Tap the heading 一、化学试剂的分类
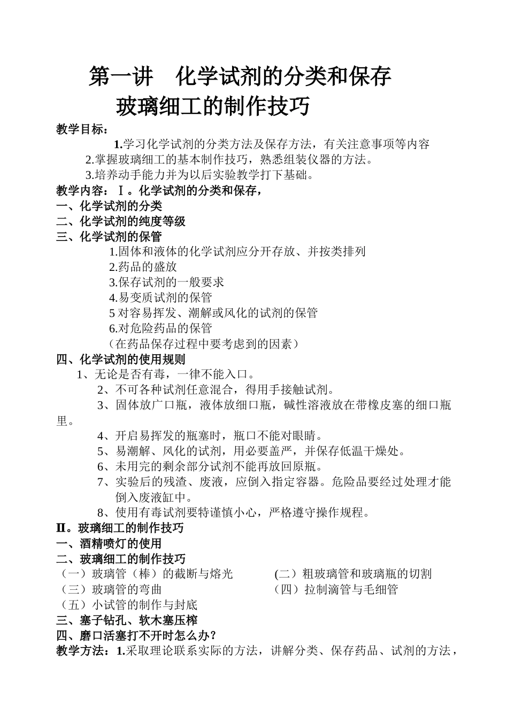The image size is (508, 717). pyautogui.click(x=109, y=206)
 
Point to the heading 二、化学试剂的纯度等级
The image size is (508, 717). pyautogui.click(x=121, y=221)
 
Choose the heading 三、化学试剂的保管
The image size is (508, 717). pyautogui.click(x=109, y=236)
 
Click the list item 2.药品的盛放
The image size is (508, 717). pyautogui.click(x=143, y=267)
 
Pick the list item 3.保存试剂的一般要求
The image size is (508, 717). pyautogui.click(x=166, y=282)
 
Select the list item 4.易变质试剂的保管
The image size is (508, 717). pyautogui.click(x=160, y=298)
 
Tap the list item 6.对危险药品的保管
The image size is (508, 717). pyautogui.click(x=160, y=328)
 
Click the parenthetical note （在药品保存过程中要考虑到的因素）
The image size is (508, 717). pyautogui.click(x=204, y=344)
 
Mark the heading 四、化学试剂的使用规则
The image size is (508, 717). pyautogui.click(x=121, y=359)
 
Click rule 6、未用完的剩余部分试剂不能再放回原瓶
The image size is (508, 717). pyautogui.click(x=211, y=466)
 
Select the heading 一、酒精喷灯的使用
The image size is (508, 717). pyautogui.click(x=109, y=544)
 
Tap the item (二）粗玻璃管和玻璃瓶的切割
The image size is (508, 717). pyautogui.click(x=353, y=574)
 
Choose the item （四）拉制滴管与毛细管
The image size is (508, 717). pyautogui.click(x=336, y=590)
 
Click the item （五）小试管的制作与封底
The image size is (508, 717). pyautogui.click(x=128, y=605)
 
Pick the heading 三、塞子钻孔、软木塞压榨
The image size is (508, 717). pyautogui.click(x=127, y=620)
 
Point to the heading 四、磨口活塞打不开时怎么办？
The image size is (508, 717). pyautogui.click(x=136, y=636)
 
